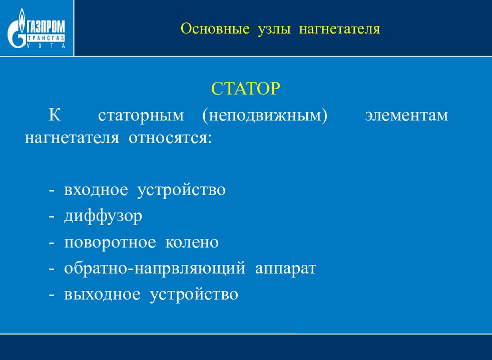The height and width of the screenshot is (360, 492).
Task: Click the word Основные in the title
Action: [x=215, y=28]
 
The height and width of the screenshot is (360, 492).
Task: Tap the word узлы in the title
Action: [x=274, y=29]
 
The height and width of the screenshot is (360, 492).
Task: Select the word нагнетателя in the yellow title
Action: [x=339, y=29]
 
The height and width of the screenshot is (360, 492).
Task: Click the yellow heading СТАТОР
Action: [x=246, y=88]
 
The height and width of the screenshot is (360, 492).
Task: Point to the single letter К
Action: [x=55, y=115]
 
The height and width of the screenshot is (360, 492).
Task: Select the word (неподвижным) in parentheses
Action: [x=265, y=115]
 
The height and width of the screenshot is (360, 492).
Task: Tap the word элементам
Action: [x=406, y=115]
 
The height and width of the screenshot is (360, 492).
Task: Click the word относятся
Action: [x=170, y=138]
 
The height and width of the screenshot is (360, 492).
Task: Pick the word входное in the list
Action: [x=96, y=189]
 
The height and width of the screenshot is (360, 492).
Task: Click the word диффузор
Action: [x=103, y=216]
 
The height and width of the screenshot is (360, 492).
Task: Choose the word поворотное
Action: [x=110, y=242]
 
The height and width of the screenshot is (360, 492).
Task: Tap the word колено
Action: [x=192, y=242]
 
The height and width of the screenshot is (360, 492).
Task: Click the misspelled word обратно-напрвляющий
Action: [x=155, y=268]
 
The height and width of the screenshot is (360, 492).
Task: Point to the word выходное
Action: [x=102, y=294]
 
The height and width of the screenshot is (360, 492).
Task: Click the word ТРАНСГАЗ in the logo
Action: [x=46, y=38]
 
